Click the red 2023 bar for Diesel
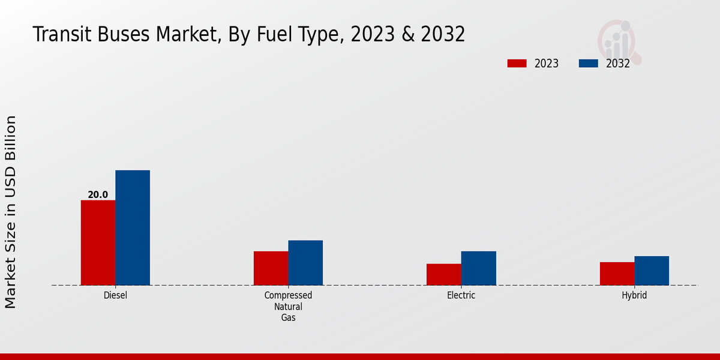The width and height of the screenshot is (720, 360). (x=98, y=242)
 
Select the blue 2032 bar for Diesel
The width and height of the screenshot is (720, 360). (x=133, y=227)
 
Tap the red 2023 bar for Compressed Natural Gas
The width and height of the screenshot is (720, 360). (x=271, y=268)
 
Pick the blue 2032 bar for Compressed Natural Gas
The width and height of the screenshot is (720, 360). (x=305, y=263)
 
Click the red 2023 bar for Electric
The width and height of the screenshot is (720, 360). (x=443, y=274)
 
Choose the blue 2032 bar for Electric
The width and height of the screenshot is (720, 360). (x=478, y=268)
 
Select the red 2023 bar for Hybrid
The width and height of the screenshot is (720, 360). (x=617, y=274)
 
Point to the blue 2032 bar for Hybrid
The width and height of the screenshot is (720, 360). (x=652, y=271)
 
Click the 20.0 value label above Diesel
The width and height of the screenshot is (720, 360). (x=98, y=194)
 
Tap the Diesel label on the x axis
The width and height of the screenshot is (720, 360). (x=115, y=295)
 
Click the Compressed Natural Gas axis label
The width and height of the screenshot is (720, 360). (x=288, y=306)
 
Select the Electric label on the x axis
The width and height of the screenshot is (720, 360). (x=461, y=295)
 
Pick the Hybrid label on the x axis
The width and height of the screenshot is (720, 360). (x=634, y=295)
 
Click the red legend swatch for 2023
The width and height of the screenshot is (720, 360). (x=517, y=64)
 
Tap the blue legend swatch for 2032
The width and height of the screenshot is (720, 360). (x=588, y=64)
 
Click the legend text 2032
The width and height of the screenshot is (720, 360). (x=617, y=64)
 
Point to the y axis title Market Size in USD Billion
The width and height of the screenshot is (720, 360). (x=11, y=212)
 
